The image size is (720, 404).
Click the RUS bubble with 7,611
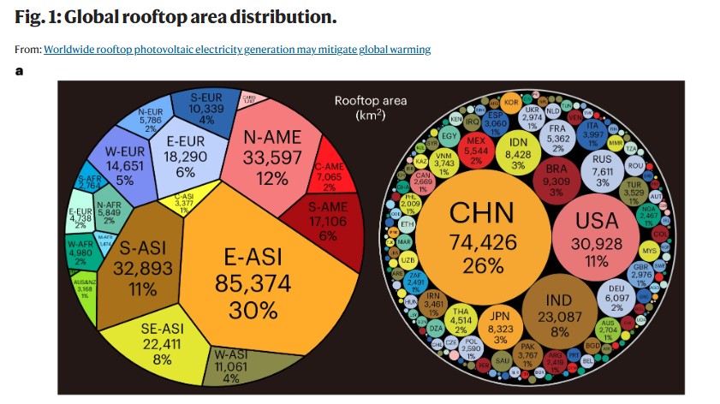(606, 169)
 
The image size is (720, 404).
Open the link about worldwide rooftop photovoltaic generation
(237, 50)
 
